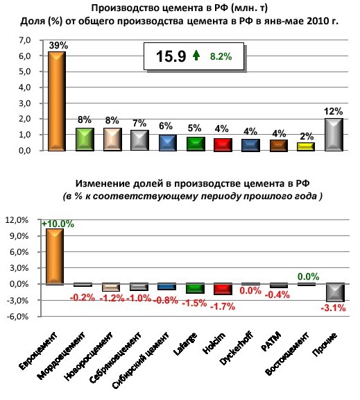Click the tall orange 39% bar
[57, 101]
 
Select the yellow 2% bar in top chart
[306, 147]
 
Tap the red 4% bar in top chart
[223, 145]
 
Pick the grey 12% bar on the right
[334, 135]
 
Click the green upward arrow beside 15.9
[196, 55]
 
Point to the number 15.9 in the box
[171, 56]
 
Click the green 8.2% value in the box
[221, 56]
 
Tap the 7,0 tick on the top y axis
[25, 40]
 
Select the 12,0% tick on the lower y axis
[17, 220]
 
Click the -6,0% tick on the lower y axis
[17, 317]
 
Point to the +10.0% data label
[58, 224]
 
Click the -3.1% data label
[333, 308]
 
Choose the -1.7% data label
[223, 306]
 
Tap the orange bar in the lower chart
[55, 256]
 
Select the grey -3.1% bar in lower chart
[336, 292]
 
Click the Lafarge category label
[185, 344]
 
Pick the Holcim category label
[214, 343]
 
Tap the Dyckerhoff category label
[236, 349]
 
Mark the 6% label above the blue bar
[166, 126]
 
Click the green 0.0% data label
[308, 276]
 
